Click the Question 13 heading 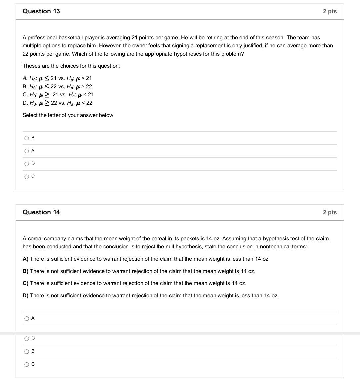pos(41,11)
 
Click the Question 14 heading pos(41,212)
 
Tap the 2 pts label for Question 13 pos(330,11)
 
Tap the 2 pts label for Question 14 pos(330,212)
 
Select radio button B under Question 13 pos(27,138)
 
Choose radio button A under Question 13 pos(27,151)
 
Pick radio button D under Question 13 pos(27,164)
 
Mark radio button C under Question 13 pos(27,177)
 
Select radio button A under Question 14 pos(27,318)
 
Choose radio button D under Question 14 pos(27,339)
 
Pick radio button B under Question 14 pos(27,351)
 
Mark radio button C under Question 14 pos(27,364)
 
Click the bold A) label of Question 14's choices pos(26,259)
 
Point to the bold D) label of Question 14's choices pos(26,296)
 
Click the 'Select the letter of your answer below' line pos(69,115)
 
